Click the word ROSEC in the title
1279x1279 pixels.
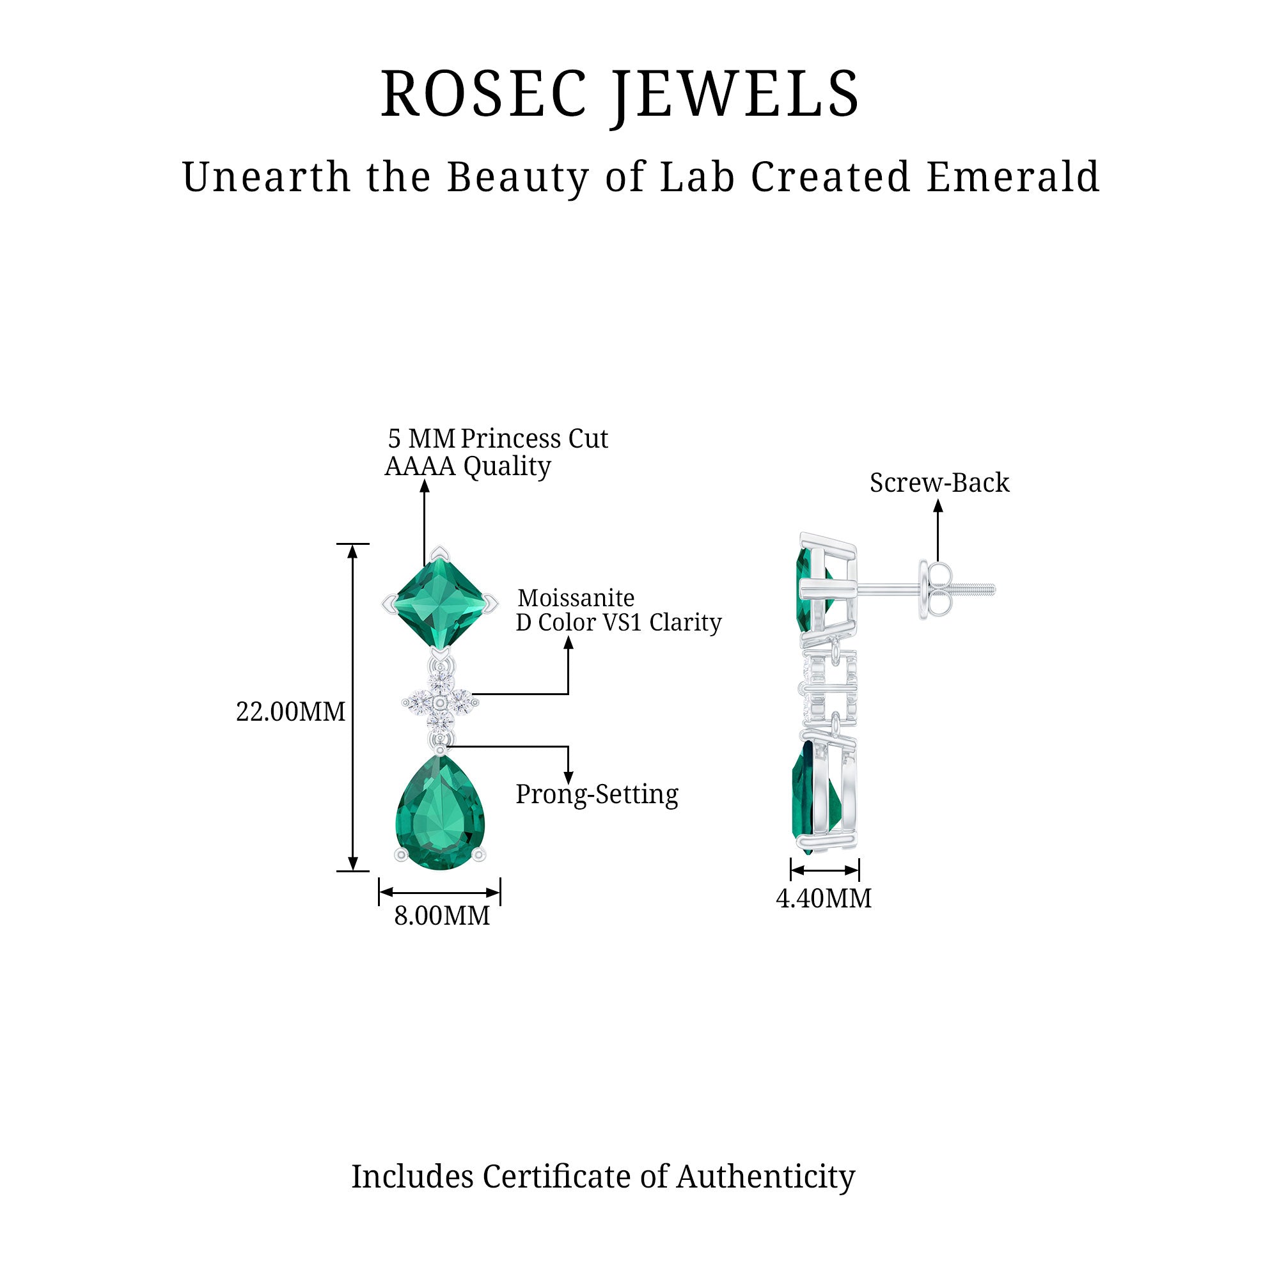click(484, 94)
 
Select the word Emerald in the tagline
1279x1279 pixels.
click(1012, 177)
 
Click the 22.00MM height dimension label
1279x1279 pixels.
click(290, 712)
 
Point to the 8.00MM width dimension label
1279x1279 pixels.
click(441, 916)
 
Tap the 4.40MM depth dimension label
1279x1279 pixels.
click(824, 899)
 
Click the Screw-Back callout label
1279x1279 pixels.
click(939, 483)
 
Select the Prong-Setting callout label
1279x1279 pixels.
click(597, 794)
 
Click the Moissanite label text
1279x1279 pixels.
click(576, 599)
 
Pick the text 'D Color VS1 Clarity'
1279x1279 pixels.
click(618, 623)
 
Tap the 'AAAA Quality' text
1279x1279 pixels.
click(467, 467)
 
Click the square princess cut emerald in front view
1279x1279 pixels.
click(440, 603)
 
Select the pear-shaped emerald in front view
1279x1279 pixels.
click(440, 813)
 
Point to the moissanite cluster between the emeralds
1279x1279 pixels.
click(439, 701)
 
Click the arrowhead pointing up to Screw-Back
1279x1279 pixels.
click(938, 506)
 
